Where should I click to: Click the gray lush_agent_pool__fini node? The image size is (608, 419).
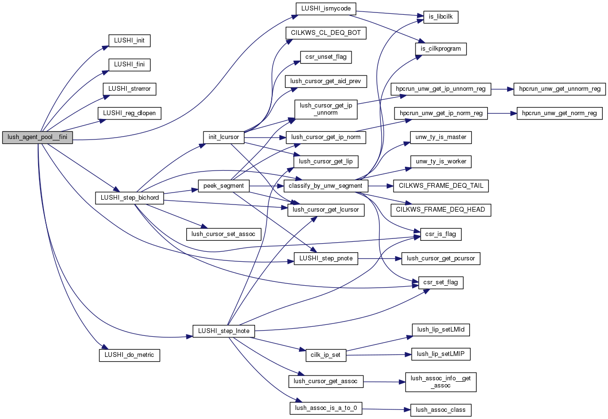tap(38, 138)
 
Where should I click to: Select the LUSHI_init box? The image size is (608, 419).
tap(129, 41)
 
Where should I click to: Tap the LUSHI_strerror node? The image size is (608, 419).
tap(129, 89)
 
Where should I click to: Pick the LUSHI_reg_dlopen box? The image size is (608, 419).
tap(129, 113)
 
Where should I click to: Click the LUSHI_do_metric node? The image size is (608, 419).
tap(129, 355)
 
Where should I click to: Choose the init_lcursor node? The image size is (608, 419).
tap(224, 138)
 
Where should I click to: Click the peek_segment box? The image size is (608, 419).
tap(224, 185)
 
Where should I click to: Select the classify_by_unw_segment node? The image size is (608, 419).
tap(326, 185)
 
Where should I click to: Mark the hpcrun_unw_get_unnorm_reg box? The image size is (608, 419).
tap(559, 89)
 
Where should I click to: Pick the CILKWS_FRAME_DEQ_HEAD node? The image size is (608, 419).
tap(441, 209)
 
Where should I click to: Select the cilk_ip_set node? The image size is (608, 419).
tap(326, 355)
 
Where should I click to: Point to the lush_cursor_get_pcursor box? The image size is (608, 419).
tap(441, 258)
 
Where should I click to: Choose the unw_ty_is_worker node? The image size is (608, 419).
tap(441, 161)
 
